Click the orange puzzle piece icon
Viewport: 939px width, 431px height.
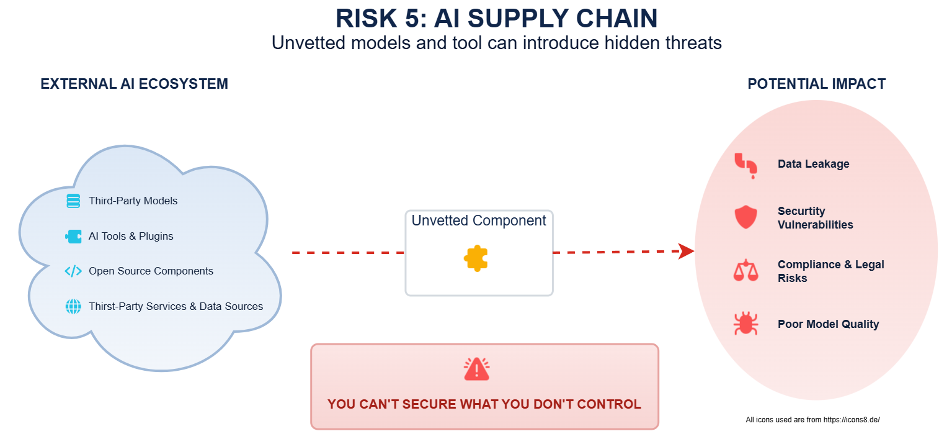[476, 258]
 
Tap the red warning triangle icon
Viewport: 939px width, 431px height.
[476, 370]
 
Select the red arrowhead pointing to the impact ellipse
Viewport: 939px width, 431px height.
[686, 251]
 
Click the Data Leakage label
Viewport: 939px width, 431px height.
[813, 164]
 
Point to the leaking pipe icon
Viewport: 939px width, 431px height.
[746, 166]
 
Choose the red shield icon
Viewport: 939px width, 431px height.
[745, 217]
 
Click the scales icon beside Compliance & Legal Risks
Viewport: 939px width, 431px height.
[745, 270]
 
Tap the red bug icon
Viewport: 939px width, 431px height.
[745, 323]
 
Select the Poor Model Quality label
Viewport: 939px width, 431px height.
[829, 324]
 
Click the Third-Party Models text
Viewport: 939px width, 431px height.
[133, 201]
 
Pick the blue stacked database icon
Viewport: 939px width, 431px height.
[73, 201]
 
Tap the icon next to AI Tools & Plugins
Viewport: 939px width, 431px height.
[73, 236]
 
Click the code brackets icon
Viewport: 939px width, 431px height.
[73, 271]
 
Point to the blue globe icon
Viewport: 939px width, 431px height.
[73, 306]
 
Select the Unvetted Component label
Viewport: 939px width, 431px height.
[479, 220]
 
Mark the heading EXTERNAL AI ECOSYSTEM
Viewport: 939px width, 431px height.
[134, 84]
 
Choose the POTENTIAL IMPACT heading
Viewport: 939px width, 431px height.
[817, 84]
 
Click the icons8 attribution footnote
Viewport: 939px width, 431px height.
[812, 420]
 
